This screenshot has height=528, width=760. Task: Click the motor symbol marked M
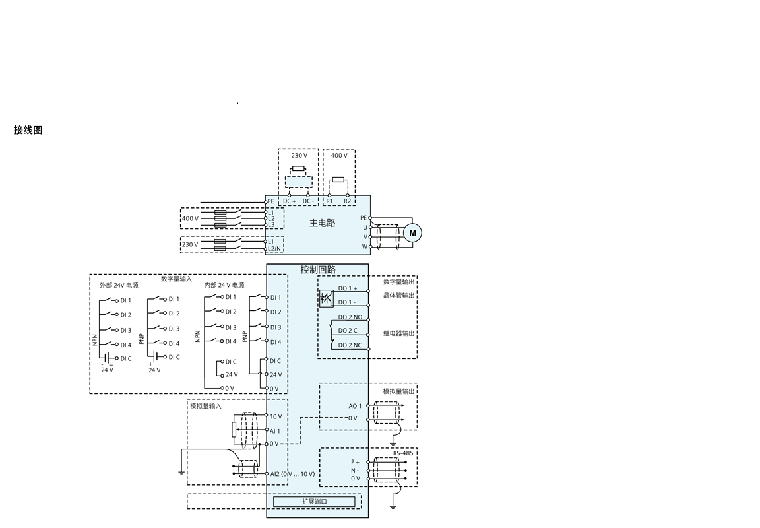pyautogui.click(x=412, y=233)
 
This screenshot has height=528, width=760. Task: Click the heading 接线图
pyautogui.click(x=28, y=130)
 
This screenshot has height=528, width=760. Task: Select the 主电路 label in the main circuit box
pyautogui.click(x=323, y=223)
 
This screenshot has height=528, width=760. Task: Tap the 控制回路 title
pyautogui.click(x=318, y=269)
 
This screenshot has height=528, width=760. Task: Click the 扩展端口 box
pyautogui.click(x=314, y=502)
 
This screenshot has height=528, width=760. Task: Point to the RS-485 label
pyautogui.click(x=403, y=453)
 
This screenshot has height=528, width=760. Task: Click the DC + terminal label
pyautogui.click(x=290, y=201)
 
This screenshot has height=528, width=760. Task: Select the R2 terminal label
pyautogui.click(x=348, y=201)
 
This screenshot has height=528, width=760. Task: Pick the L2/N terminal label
pyautogui.click(x=274, y=249)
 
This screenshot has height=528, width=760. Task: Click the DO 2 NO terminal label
pyautogui.click(x=350, y=317)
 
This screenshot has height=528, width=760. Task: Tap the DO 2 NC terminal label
pyautogui.click(x=350, y=345)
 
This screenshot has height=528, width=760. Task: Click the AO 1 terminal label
pyautogui.click(x=356, y=406)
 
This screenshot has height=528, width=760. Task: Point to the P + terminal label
pyautogui.click(x=356, y=462)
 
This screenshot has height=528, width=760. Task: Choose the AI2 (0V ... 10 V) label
pyautogui.click(x=292, y=474)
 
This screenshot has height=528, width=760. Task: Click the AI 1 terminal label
pyautogui.click(x=275, y=431)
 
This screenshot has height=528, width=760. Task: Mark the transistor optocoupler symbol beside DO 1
pyautogui.click(x=327, y=299)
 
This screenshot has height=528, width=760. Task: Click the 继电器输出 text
pyautogui.click(x=399, y=333)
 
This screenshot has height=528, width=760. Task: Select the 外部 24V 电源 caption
pyautogui.click(x=119, y=286)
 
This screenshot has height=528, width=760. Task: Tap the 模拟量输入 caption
pyautogui.click(x=206, y=406)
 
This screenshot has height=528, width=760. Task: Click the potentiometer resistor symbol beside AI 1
pyautogui.click(x=234, y=430)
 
